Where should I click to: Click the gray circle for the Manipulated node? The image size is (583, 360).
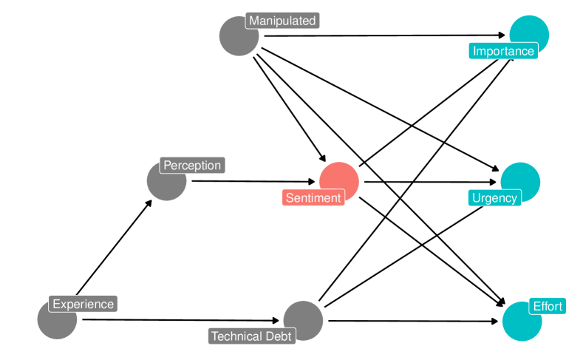236,38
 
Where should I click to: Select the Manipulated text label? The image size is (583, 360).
282,21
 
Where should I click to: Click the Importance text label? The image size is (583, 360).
502,51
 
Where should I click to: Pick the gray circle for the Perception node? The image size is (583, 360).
165,183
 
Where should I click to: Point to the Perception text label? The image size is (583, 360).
192,166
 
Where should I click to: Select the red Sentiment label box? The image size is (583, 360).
313,197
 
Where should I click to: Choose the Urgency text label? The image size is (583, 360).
494,197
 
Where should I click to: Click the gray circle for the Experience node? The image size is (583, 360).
56,322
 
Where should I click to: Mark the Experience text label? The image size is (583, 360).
83,304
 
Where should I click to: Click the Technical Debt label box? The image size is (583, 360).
252,336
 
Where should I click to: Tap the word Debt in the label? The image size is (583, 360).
279,336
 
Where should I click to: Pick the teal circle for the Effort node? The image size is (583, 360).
520,323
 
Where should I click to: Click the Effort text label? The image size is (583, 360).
548,306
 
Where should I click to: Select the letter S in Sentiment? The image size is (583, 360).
290,197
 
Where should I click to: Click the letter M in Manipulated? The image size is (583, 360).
253,21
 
